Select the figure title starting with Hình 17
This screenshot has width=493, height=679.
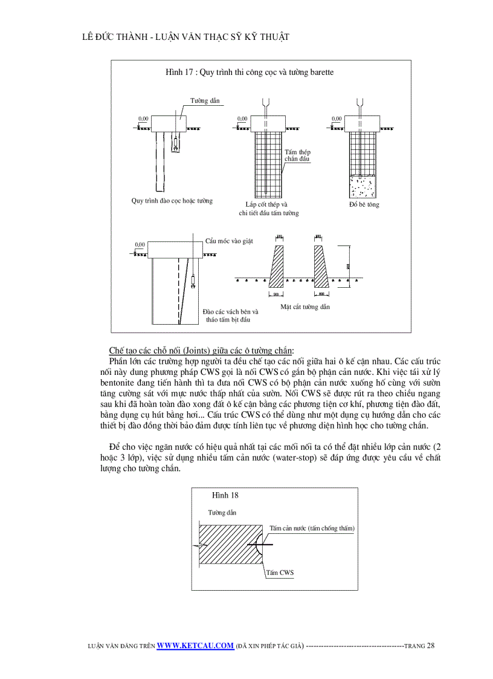(250, 72)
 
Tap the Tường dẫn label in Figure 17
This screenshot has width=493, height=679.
(205, 100)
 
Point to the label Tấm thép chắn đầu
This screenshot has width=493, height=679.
(297, 155)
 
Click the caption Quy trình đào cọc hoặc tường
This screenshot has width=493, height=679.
(172, 201)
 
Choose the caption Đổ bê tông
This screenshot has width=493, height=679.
(364, 204)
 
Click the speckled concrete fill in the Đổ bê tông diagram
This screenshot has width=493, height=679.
(362, 187)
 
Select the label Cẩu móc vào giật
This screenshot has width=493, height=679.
(229, 241)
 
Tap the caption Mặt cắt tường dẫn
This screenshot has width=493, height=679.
(305, 307)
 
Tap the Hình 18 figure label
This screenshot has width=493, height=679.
(225, 495)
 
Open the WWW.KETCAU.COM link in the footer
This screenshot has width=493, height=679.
(195, 645)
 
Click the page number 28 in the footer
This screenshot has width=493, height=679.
(430, 645)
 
